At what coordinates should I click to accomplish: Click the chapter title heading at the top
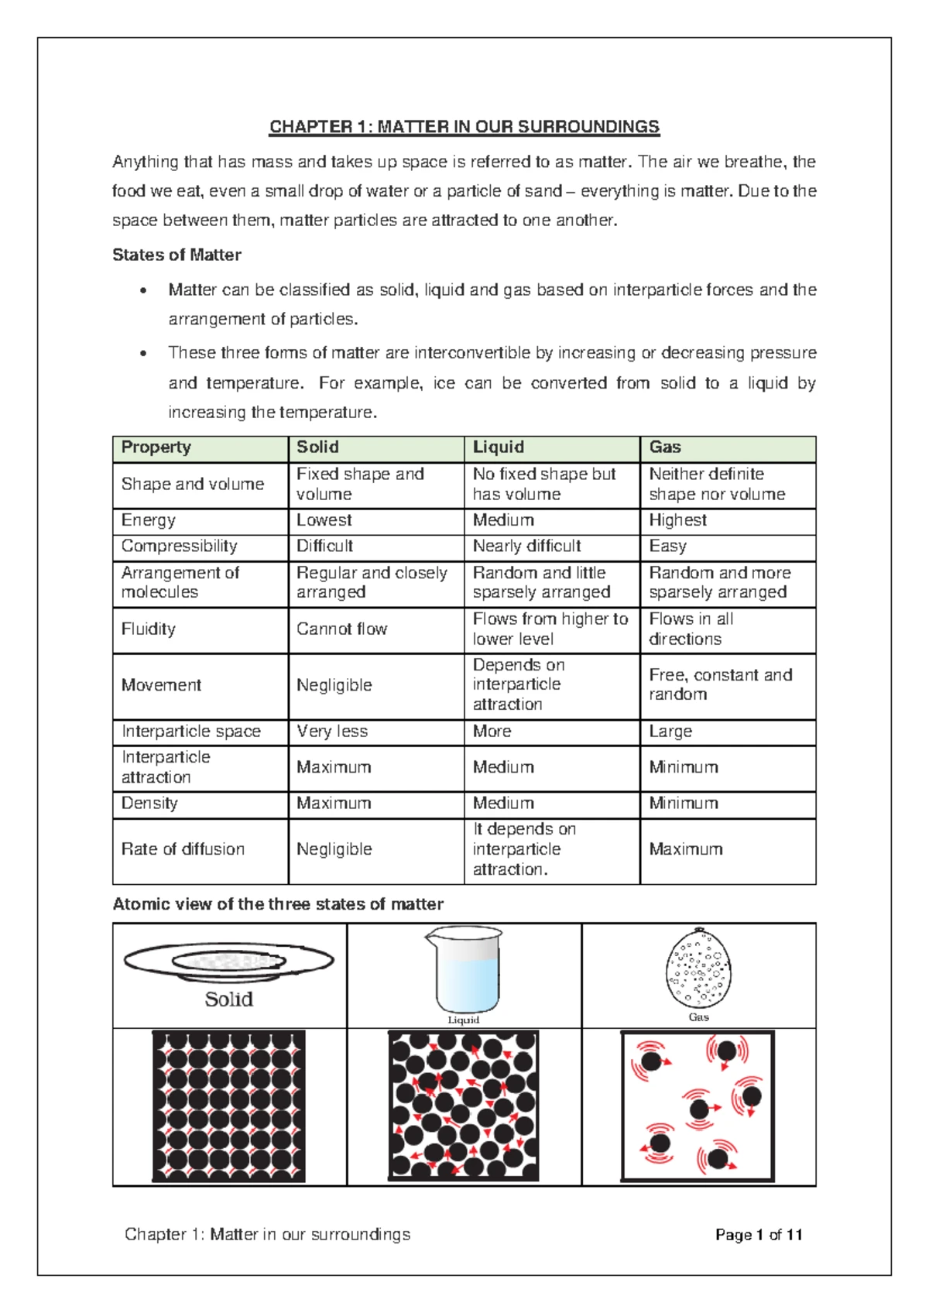click(x=464, y=127)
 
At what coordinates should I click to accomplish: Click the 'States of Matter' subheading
click(x=177, y=255)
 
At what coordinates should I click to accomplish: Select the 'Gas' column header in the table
click(x=665, y=447)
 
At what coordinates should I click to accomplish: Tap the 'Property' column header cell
click(x=156, y=447)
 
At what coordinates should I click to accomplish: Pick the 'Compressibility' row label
click(x=179, y=547)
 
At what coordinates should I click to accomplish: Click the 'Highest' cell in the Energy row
click(x=677, y=520)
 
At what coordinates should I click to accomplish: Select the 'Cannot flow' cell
click(x=341, y=629)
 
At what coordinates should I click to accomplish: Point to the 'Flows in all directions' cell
click(x=691, y=629)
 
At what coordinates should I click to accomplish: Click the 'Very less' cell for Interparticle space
click(x=332, y=732)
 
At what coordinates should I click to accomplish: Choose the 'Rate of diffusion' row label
click(x=183, y=849)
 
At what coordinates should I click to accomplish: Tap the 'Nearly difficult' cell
click(x=526, y=547)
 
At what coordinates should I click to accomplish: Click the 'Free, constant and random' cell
click(x=720, y=684)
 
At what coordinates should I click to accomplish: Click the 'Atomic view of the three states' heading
click(x=278, y=904)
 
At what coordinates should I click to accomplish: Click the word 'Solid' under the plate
click(x=228, y=999)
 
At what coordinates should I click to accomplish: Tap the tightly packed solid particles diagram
click(x=228, y=1106)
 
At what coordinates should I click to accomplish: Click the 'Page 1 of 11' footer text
click(x=759, y=1235)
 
